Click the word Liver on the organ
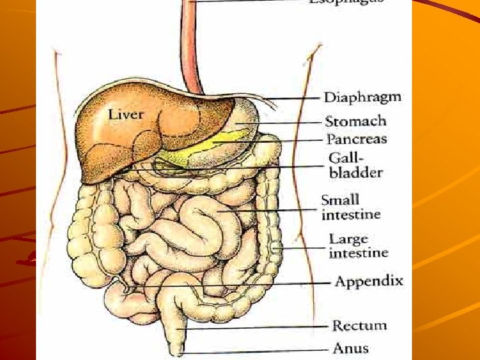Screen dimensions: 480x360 pos(125,115)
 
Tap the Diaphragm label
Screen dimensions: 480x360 pos(362,97)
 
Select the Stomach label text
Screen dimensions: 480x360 pos(355,121)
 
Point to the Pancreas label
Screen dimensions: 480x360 pos(356,139)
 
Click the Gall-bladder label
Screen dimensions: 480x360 pos(355,165)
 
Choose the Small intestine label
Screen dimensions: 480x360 pos(351,207)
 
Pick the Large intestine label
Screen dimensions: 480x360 pos(358,245)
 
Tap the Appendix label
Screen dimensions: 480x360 pos(369,281)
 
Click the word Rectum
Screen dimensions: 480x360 pos(359,325)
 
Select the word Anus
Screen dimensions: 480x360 pos(350,347)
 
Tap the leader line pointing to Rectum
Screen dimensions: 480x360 pos(260,327)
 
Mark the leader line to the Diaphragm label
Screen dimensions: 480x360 pos(293,99)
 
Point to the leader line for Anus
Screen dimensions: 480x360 pos(260,351)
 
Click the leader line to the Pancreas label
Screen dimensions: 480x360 pos(280,141)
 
